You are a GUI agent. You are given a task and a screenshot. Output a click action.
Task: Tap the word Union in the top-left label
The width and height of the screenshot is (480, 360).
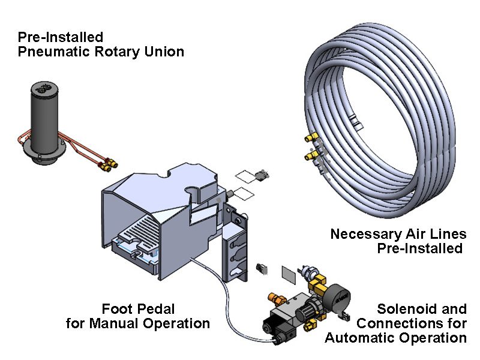point(163,52)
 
